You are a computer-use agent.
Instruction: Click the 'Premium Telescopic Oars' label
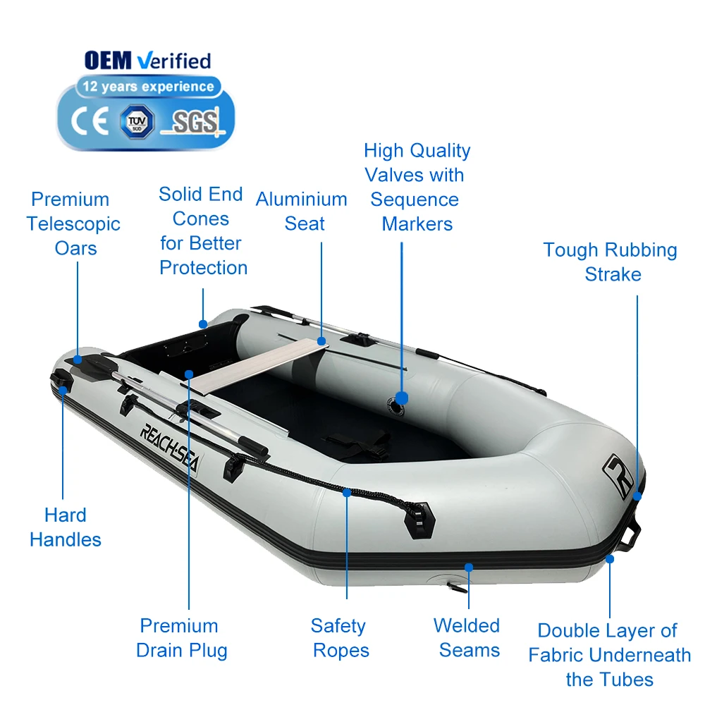tap(73, 223)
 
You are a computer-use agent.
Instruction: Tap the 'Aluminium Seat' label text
tap(302, 211)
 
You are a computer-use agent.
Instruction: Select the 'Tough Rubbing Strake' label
tap(611, 262)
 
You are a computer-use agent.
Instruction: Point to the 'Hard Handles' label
tap(66, 527)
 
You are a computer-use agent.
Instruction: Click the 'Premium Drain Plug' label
tap(181, 637)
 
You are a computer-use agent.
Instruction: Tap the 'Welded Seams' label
tap(467, 637)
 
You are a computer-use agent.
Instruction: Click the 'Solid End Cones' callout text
tap(202, 231)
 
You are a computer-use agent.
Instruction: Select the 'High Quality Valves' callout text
tap(417, 187)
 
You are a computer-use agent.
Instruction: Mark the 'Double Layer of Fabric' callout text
tap(609, 654)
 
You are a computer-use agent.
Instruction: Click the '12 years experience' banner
tap(147, 87)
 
